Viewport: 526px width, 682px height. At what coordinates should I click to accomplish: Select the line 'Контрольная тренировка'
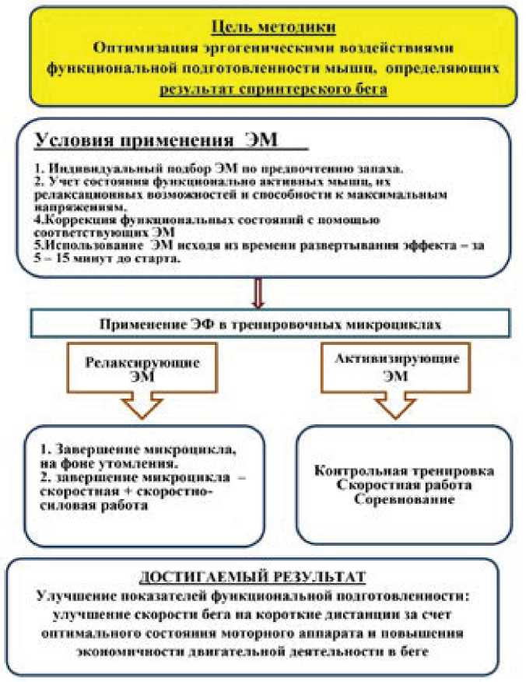[x=404, y=473]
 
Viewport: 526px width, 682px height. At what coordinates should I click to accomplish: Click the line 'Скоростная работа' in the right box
[x=404, y=485]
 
